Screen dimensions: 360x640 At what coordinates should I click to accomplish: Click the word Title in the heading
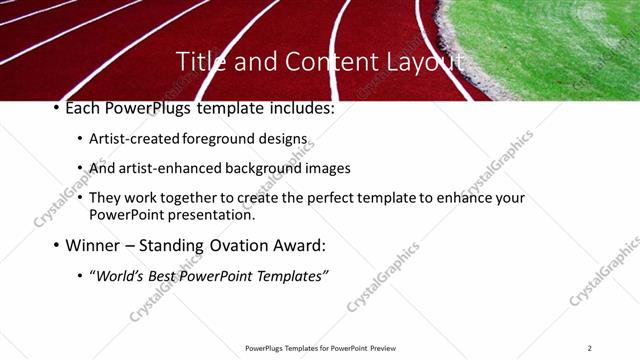(200, 62)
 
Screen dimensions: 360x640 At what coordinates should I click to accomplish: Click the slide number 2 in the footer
(590, 348)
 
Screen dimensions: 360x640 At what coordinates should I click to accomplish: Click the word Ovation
(244, 244)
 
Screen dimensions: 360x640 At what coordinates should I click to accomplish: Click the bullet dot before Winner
(56, 245)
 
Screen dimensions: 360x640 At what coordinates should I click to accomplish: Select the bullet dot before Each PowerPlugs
(56, 108)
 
